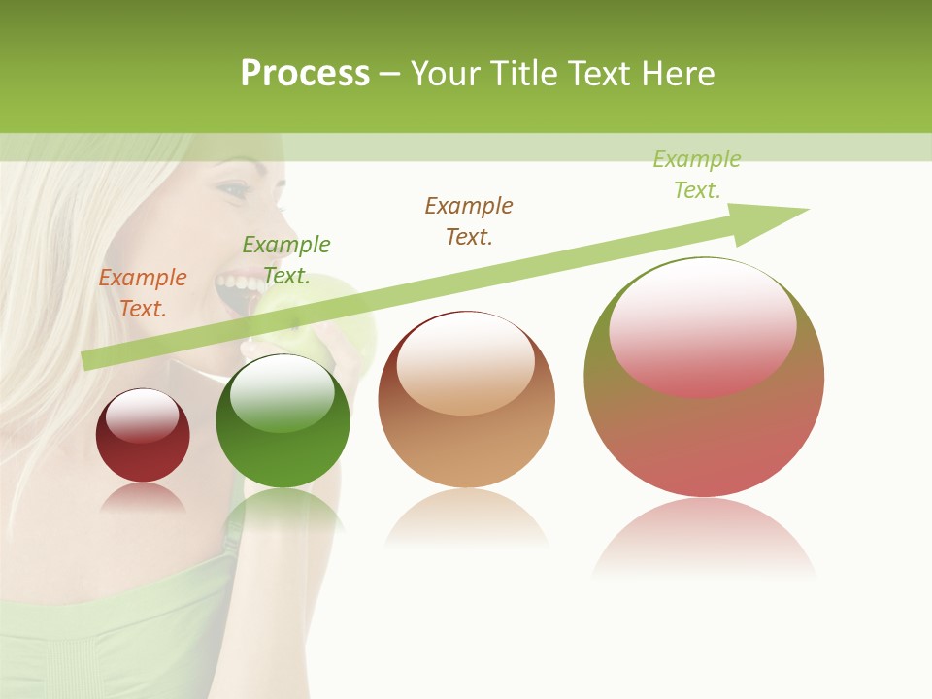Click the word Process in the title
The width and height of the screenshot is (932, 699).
[x=305, y=74]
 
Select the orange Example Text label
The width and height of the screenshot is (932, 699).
[x=143, y=293]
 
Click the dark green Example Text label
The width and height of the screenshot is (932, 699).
[x=286, y=260]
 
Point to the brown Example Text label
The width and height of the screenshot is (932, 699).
[x=469, y=220]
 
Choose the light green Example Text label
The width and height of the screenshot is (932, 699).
[x=697, y=175]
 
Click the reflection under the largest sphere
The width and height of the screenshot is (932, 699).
[x=704, y=539]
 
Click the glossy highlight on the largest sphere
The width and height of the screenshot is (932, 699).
[x=703, y=325]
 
